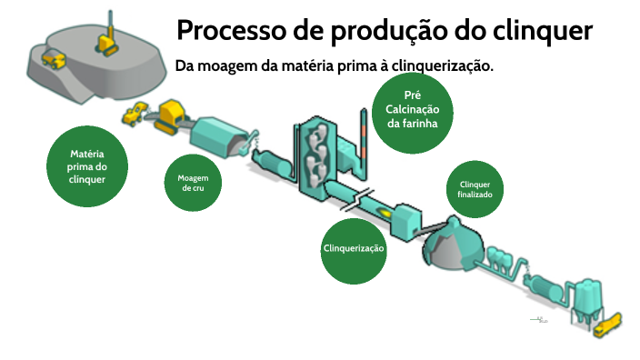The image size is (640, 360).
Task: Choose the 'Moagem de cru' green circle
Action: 193,182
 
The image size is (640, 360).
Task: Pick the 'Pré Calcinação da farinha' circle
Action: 412,109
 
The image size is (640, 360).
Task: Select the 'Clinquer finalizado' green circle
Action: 475,189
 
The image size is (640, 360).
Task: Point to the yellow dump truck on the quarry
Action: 54,59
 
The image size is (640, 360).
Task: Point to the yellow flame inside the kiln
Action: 385,212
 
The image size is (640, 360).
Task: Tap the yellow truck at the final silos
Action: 605,323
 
